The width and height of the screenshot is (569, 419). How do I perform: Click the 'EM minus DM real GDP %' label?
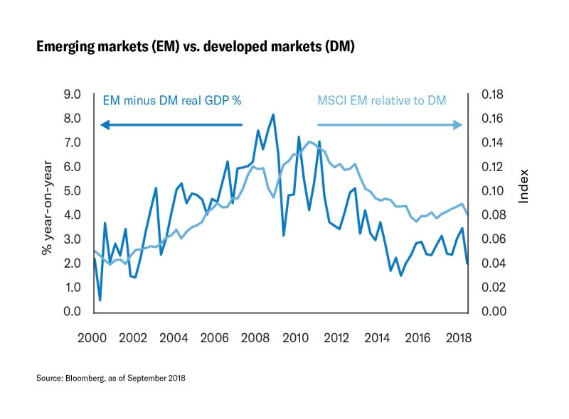click(173, 100)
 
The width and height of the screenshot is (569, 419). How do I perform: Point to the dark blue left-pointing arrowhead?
click(105, 125)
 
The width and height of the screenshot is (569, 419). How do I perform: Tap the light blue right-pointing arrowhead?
click(459, 125)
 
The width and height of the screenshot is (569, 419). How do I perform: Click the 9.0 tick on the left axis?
click(72, 94)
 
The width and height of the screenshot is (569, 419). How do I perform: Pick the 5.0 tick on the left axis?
click(72, 190)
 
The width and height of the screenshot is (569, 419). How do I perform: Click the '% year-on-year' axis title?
click(48, 202)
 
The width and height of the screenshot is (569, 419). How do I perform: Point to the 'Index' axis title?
click(524, 186)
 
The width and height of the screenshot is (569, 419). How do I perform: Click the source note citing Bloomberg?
click(111, 379)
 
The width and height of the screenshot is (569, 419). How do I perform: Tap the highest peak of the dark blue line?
click(273, 114)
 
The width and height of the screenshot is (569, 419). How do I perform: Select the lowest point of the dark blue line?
click(100, 300)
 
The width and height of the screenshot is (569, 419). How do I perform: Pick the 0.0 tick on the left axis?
click(72, 312)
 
